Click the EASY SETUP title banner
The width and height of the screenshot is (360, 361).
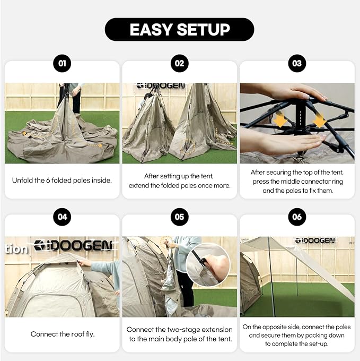(x=179, y=30)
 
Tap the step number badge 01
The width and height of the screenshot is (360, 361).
(x=62, y=64)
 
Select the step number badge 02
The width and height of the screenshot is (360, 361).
(x=179, y=64)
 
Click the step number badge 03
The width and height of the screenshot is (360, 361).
(x=297, y=64)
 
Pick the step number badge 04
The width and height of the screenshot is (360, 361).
(x=62, y=217)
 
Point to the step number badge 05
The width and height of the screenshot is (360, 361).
(x=179, y=217)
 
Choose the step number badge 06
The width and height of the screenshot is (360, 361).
(x=297, y=217)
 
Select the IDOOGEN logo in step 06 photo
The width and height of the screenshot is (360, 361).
(x=315, y=240)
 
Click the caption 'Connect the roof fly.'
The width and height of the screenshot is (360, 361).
(x=62, y=334)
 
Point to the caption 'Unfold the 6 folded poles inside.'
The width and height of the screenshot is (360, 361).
(x=62, y=180)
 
